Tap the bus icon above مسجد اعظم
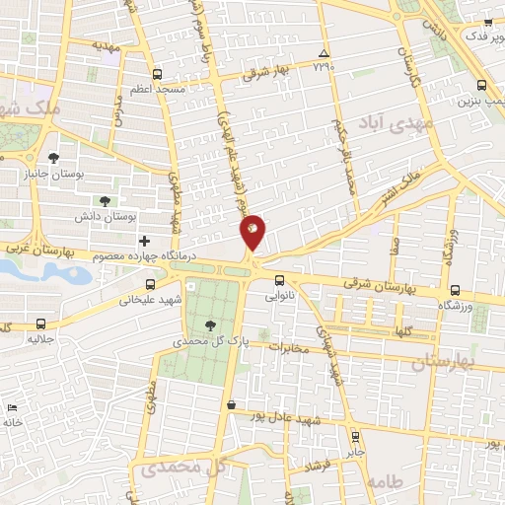pos(157,74)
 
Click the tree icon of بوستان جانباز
pos(53,158)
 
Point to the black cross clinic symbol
pos(144,240)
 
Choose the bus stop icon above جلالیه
pos(40,324)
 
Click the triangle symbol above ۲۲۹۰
pos(324,53)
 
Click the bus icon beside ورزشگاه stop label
pos(454,290)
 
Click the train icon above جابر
pos(355,436)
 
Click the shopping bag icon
pos(230,404)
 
